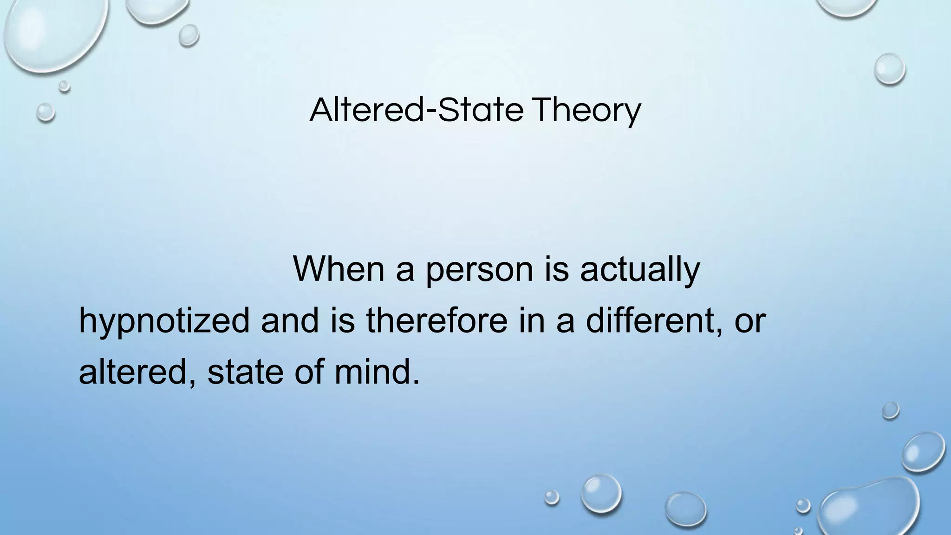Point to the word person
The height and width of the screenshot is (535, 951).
479,270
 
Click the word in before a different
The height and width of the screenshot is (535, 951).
532,320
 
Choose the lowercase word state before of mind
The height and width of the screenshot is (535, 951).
245,372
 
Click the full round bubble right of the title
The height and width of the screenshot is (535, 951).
889,69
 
